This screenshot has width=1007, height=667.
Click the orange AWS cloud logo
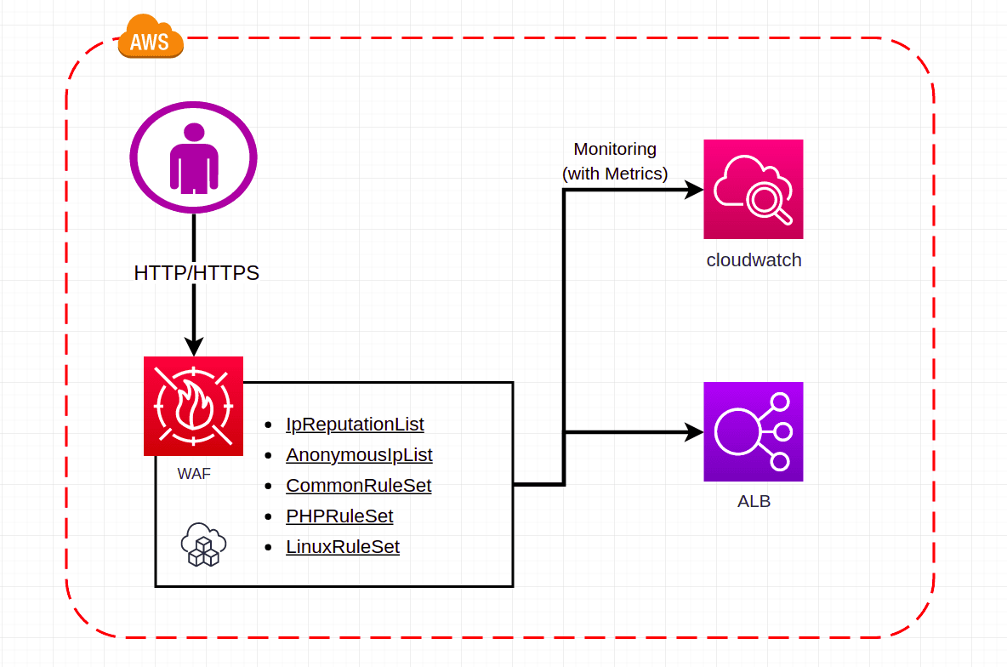click(151, 39)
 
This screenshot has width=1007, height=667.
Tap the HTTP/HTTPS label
click(196, 273)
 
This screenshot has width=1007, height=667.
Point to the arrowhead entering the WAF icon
click(194, 346)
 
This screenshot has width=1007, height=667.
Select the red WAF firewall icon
click(194, 406)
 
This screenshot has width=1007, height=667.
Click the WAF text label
click(194, 474)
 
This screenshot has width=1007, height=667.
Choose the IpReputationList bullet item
click(355, 424)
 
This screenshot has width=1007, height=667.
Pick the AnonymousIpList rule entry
click(359, 455)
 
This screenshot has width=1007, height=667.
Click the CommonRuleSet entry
click(358, 486)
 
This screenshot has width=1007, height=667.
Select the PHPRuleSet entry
click(339, 516)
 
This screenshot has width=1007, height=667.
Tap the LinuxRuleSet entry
click(343, 547)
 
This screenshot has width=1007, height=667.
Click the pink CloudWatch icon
click(754, 189)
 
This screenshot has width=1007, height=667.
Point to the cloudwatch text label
click(754, 260)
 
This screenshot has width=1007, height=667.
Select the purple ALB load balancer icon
click(754, 431)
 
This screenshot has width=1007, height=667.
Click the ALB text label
click(754, 502)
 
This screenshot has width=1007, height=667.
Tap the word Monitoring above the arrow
click(615, 149)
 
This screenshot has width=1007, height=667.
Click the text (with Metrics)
click(615, 174)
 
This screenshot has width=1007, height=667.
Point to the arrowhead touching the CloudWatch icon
click(695, 190)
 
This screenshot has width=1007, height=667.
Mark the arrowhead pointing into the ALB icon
click(695, 432)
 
